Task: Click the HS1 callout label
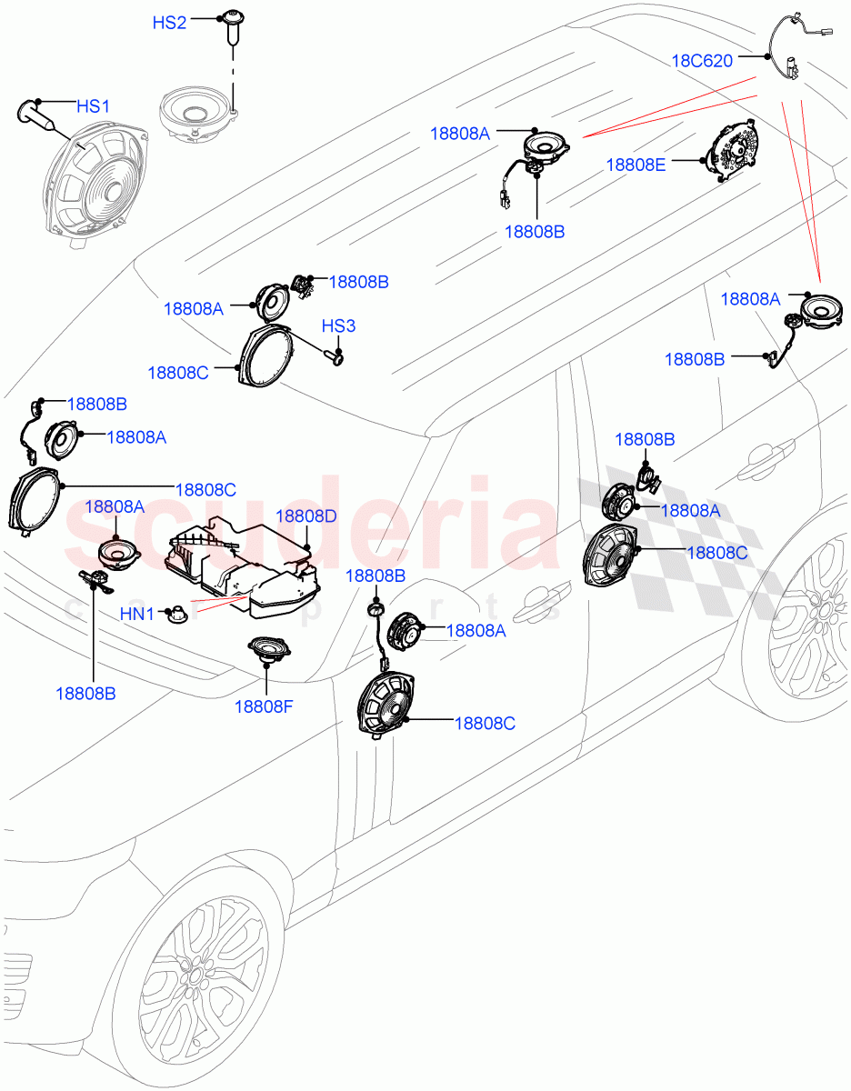[93, 107]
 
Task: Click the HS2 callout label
[169, 23]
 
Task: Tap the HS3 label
[338, 326]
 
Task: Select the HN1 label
[137, 616]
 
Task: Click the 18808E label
[636, 165]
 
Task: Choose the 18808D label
[305, 516]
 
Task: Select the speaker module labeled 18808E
[733, 152]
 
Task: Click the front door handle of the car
[531, 599]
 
